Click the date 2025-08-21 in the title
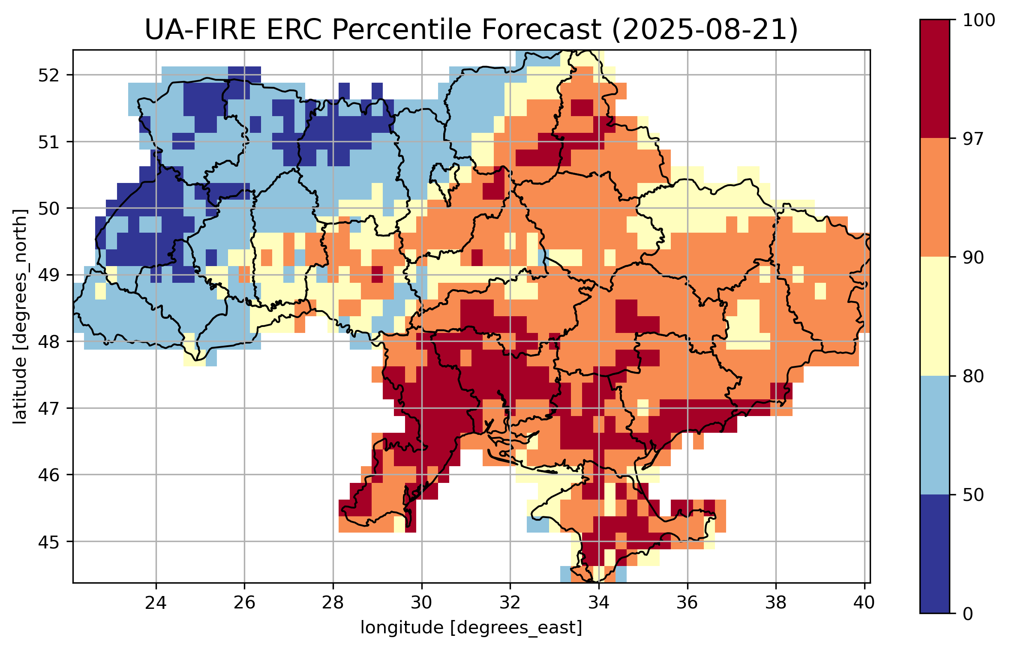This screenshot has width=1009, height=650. [705, 30]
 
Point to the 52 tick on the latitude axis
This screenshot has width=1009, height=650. [49, 75]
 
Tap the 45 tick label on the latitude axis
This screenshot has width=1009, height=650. [49, 542]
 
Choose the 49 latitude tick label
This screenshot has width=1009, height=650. [49, 275]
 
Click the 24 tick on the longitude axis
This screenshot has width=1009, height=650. [156, 603]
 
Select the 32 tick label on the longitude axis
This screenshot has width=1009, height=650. [510, 603]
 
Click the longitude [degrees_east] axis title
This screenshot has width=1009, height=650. [471, 628]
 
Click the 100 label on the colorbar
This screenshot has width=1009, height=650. [979, 20]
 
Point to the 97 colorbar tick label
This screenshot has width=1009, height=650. [973, 139]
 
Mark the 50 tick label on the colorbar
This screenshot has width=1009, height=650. [973, 495]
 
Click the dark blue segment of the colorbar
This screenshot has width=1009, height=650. [934, 554]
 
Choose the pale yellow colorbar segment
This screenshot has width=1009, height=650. [934, 316]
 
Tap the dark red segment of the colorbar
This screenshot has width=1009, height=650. [934, 78]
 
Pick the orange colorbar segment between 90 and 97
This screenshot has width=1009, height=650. [934, 197]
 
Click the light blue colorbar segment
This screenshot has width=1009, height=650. [934, 435]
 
